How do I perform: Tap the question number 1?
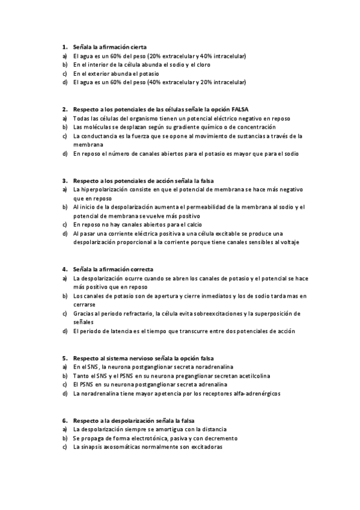tap(64, 46)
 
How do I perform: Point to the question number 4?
tap(64, 269)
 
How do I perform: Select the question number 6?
tap(64, 420)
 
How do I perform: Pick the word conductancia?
tap(99, 136)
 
